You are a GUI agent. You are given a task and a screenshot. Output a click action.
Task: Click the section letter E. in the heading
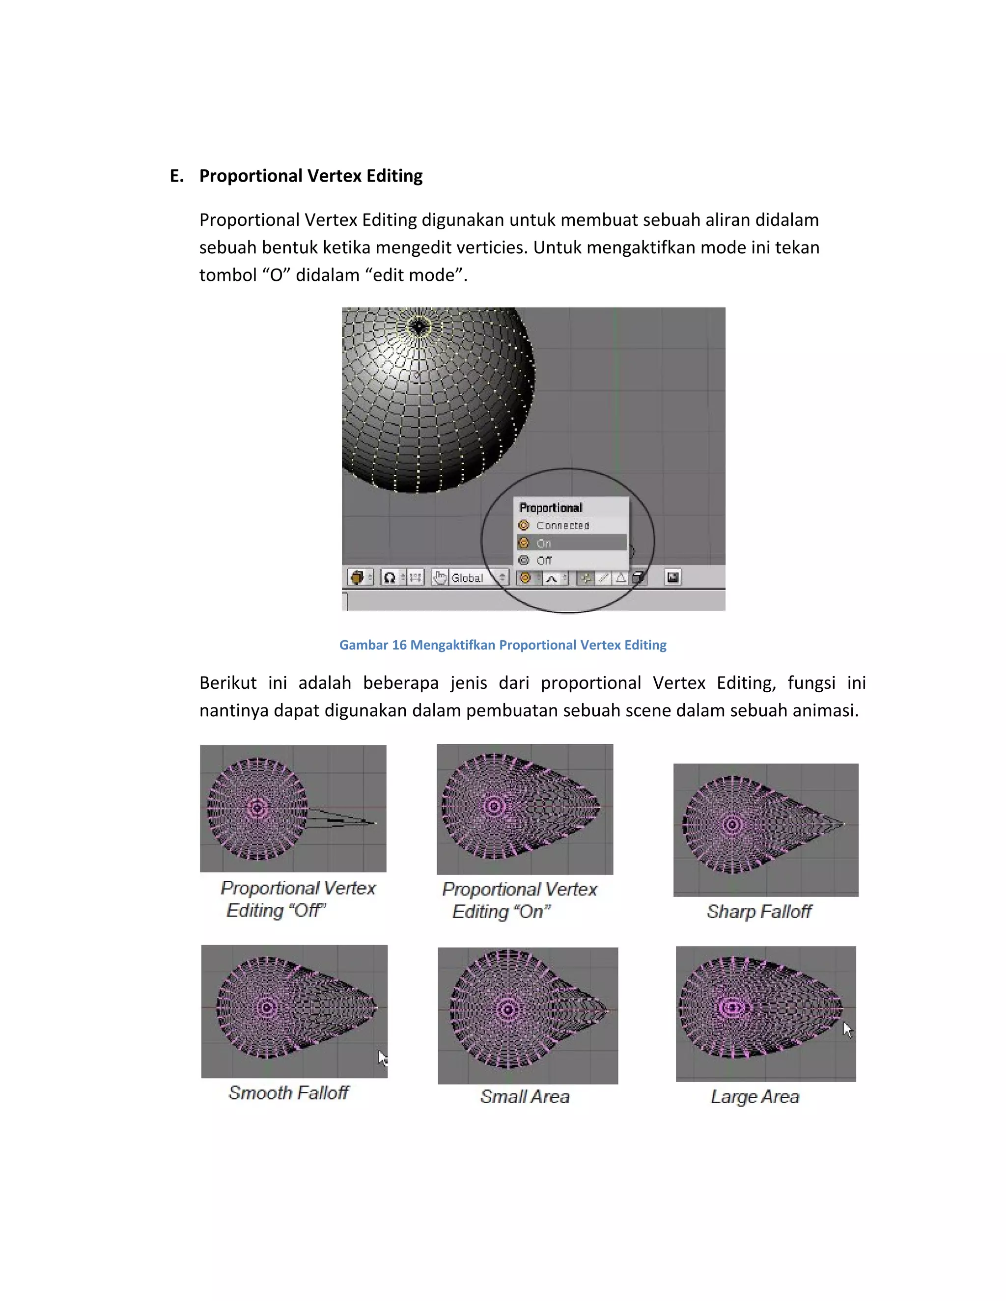coord(176,176)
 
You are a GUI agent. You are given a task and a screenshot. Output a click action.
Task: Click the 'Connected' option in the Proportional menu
coord(562,525)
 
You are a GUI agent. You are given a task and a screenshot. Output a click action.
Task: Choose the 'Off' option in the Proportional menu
coord(544,561)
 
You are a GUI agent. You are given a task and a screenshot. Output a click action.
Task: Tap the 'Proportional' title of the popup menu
coord(551,508)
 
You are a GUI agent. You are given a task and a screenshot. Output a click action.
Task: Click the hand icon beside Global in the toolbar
coord(440,577)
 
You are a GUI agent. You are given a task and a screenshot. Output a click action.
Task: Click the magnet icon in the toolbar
coord(390,577)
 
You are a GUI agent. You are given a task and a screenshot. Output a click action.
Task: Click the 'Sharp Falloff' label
coord(758,911)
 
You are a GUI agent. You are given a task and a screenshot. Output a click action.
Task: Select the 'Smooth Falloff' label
coord(288,1092)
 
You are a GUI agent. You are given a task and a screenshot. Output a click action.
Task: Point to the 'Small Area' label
coord(525,1097)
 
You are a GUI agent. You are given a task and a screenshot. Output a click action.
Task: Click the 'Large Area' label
coord(754,1097)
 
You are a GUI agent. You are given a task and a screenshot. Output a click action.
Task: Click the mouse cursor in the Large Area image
coord(847,1030)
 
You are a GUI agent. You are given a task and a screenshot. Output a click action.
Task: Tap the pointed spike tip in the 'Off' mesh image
coord(374,823)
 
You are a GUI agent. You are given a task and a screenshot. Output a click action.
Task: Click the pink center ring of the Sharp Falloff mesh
coord(732,824)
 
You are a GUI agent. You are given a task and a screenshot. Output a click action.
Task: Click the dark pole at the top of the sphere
coord(419,326)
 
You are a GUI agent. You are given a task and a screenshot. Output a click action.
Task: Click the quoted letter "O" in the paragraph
coord(276,275)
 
